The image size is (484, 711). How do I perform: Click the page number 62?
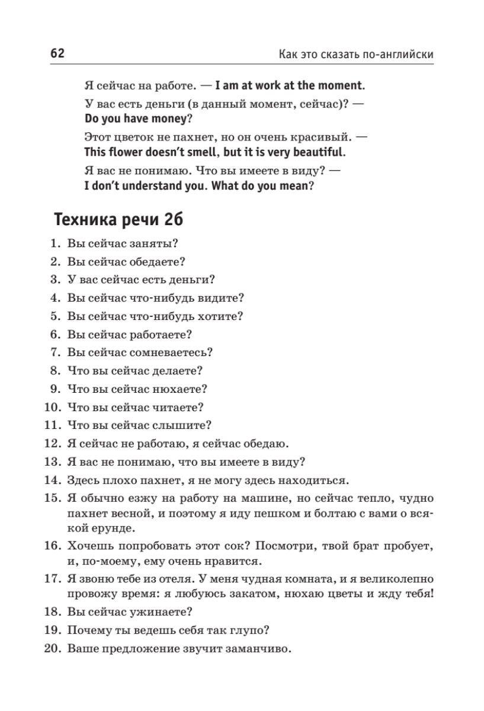coord(57,53)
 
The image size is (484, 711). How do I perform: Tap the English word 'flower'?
coord(125,152)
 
